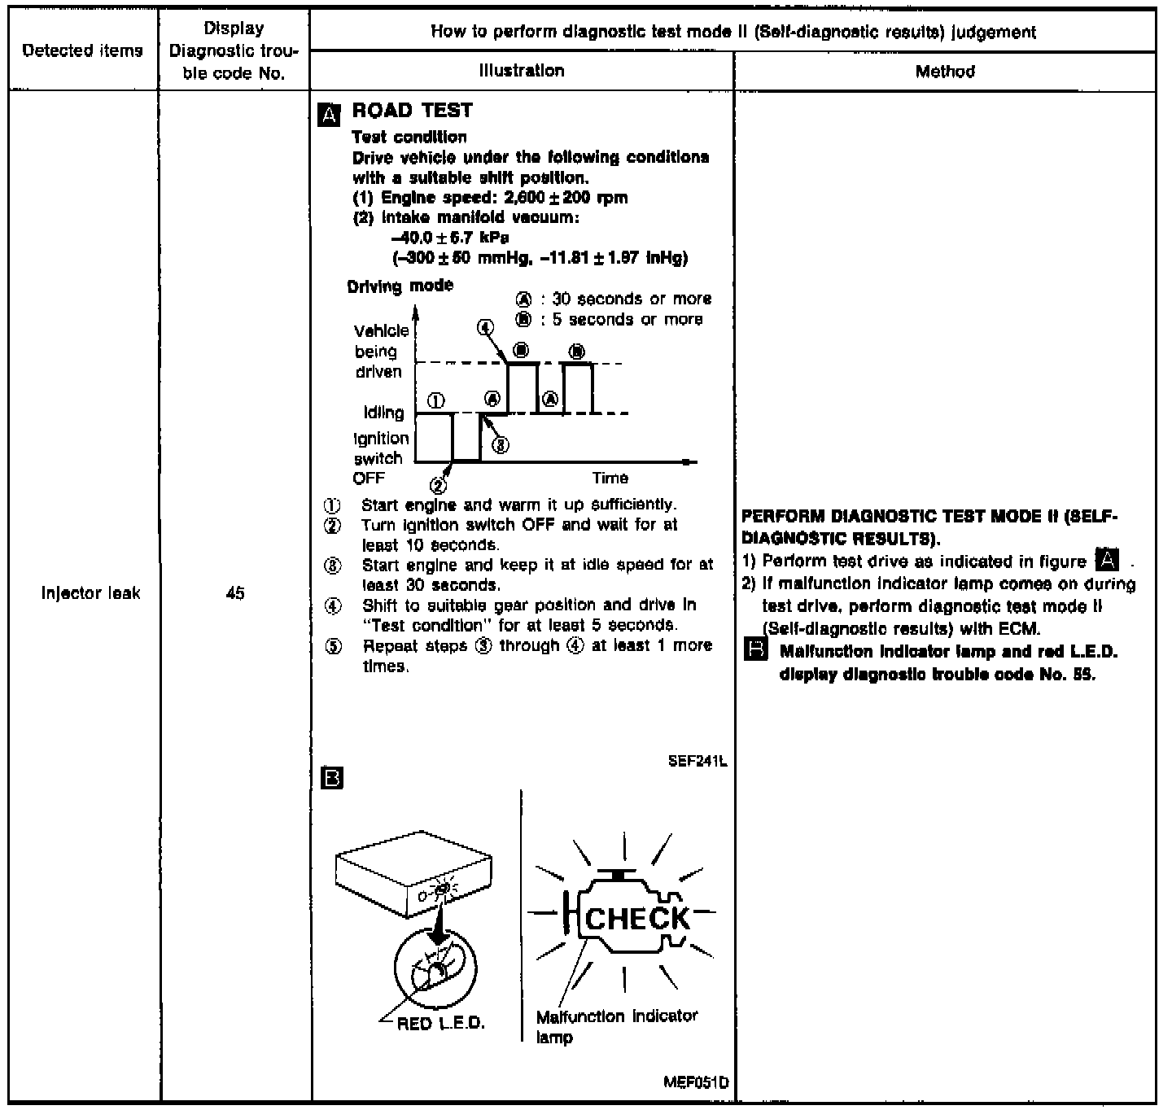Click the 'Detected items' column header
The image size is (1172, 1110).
pyautogui.click(x=82, y=50)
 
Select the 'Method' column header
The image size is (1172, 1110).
pyautogui.click(x=944, y=72)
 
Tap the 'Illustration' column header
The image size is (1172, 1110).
pyautogui.click(x=522, y=71)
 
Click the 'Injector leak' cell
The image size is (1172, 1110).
pyautogui.click(x=90, y=593)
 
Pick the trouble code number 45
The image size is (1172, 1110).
pyautogui.click(x=235, y=594)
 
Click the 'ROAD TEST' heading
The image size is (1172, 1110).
pyautogui.click(x=412, y=111)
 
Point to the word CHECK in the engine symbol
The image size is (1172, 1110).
pyautogui.click(x=637, y=918)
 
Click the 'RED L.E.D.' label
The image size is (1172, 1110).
pyautogui.click(x=440, y=1023)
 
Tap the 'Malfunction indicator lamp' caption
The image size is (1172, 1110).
pyautogui.click(x=616, y=1026)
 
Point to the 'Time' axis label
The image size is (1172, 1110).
pyautogui.click(x=610, y=478)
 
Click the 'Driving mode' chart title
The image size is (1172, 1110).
pyautogui.click(x=400, y=286)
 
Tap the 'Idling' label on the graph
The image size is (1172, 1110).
pyautogui.click(x=383, y=413)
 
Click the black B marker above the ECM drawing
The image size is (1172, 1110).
pyautogui.click(x=333, y=779)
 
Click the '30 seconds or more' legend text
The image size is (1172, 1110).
pyautogui.click(x=632, y=299)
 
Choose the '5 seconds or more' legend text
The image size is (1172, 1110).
pyautogui.click(x=627, y=319)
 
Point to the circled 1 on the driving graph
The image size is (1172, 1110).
pyautogui.click(x=436, y=400)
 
